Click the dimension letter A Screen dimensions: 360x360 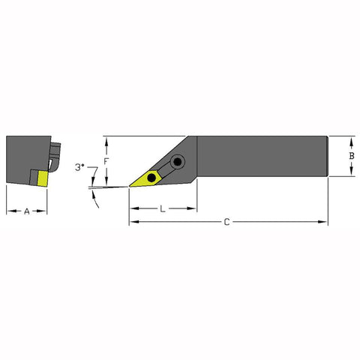pyautogui.click(x=26, y=211)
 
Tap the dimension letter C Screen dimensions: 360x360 pyautogui.click(x=229, y=223)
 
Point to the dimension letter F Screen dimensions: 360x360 pyautogui.click(x=106, y=160)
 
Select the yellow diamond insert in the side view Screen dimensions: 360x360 pyautogui.click(x=148, y=178)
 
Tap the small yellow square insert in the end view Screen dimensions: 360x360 pyautogui.click(x=40, y=177)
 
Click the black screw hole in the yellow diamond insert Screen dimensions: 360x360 pyautogui.click(x=152, y=177)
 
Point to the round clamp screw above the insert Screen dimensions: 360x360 pyautogui.click(x=178, y=162)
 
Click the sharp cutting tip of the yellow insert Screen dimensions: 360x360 pyautogui.click(x=130, y=185)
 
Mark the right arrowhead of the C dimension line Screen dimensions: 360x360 pyautogui.click(x=325, y=222)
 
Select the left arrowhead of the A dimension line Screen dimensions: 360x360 pyautogui.click(x=9, y=211)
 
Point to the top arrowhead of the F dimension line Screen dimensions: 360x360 pyautogui.click(x=106, y=139)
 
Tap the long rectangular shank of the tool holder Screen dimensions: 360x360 pyautogui.click(x=262, y=156)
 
